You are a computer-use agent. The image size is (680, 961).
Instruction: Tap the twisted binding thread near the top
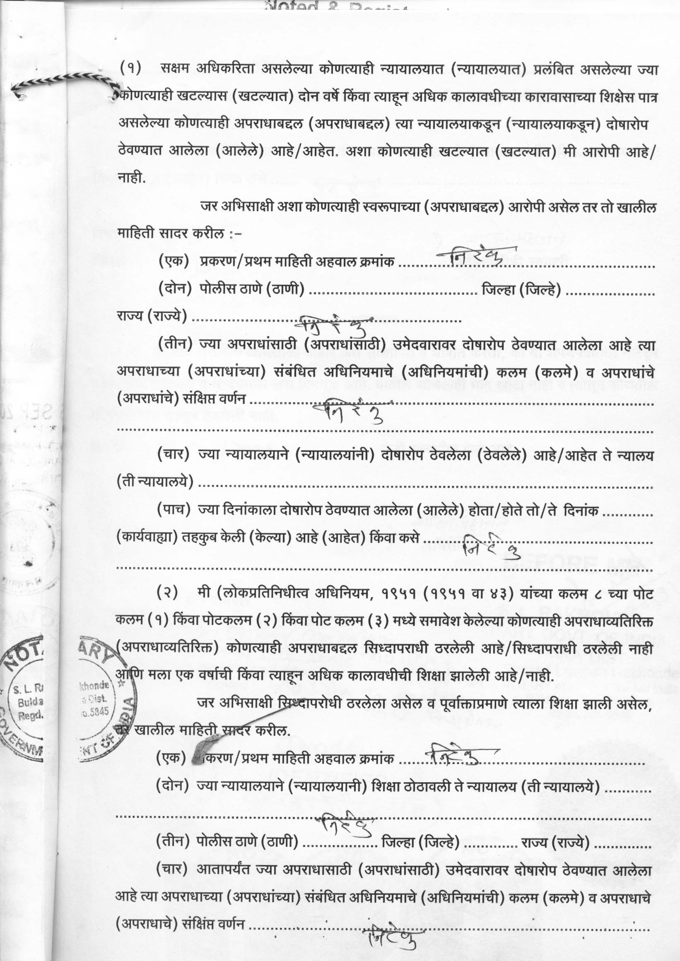63,82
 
